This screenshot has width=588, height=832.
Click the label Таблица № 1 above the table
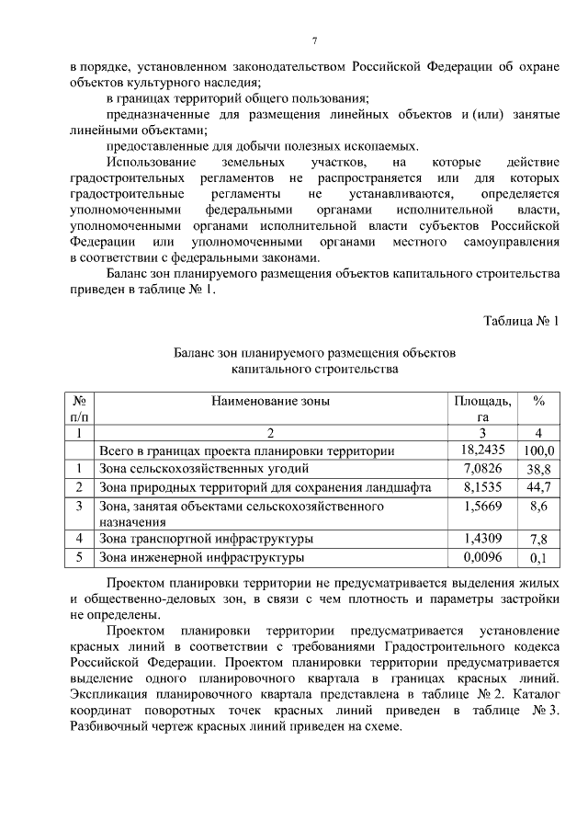(x=520, y=321)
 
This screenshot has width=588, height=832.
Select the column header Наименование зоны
(x=270, y=401)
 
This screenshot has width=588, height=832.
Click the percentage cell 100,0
(x=538, y=450)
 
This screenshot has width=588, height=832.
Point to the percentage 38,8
(x=538, y=469)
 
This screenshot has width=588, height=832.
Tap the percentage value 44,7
(x=538, y=487)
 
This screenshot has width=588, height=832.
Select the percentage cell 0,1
(x=538, y=558)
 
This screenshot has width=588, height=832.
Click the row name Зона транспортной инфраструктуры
(x=206, y=539)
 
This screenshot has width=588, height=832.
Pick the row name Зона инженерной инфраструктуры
(x=201, y=557)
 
